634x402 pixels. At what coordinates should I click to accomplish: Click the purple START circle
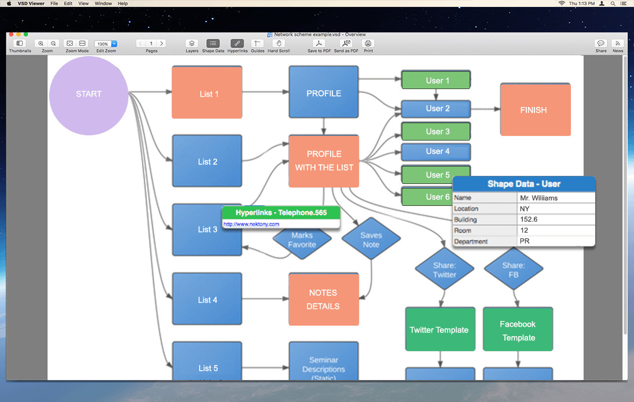click(89, 95)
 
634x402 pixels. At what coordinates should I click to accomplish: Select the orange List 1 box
click(207, 93)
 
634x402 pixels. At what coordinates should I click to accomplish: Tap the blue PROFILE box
click(324, 93)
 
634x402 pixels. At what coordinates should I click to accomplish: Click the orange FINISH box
click(535, 110)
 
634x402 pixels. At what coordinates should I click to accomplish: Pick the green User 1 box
click(436, 80)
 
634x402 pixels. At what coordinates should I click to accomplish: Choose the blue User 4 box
click(436, 152)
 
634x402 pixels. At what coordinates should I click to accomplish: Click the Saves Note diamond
click(371, 239)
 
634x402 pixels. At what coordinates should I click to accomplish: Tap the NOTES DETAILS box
click(324, 299)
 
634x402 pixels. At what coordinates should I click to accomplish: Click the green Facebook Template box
click(518, 330)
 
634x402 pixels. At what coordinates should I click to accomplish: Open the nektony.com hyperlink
click(251, 224)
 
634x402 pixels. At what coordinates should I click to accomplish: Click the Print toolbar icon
click(368, 44)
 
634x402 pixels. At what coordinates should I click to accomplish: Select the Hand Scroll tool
click(278, 44)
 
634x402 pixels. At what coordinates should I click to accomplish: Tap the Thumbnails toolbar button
click(20, 44)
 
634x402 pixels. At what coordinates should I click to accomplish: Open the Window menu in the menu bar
click(103, 3)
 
